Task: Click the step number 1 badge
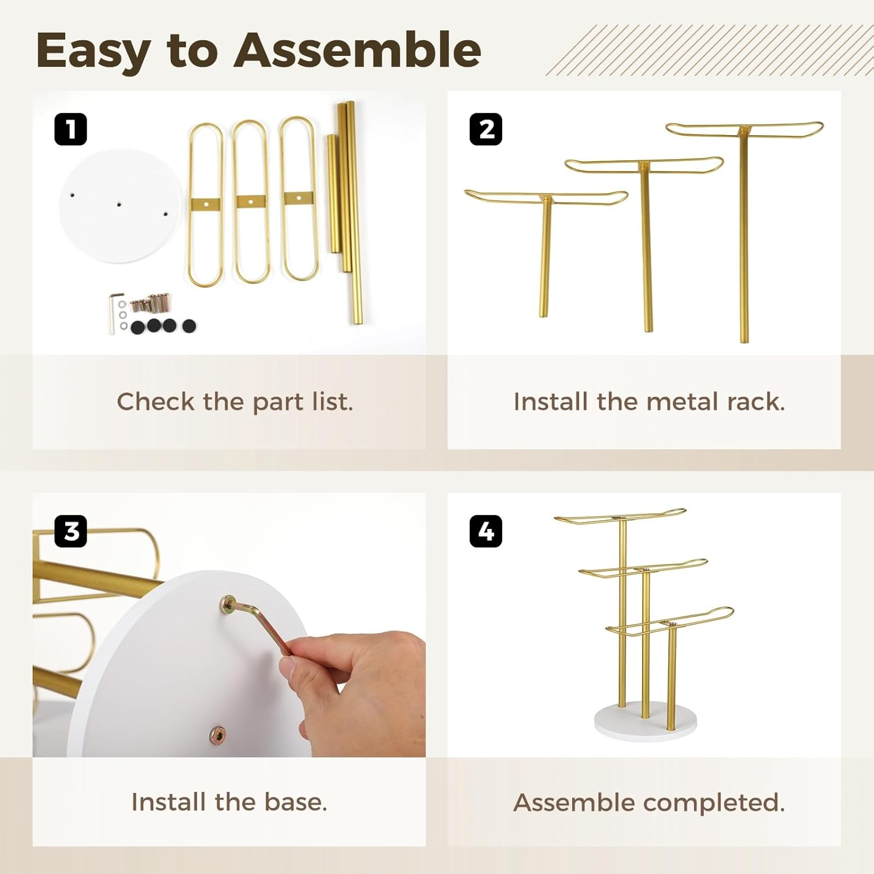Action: pos(71,129)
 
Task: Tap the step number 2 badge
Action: pos(485,129)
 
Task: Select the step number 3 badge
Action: pos(71,531)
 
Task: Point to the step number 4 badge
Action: pos(485,531)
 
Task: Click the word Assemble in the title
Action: pos(357,51)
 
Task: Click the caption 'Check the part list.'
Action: pos(235,402)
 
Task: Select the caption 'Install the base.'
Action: pos(229,802)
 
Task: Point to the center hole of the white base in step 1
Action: pos(119,205)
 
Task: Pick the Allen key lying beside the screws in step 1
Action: pos(112,312)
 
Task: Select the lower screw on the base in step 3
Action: pos(217,735)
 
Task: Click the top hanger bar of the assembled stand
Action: pos(620,517)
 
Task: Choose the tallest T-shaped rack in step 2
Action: pos(744,221)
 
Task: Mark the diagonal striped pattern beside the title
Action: pos(708,50)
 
